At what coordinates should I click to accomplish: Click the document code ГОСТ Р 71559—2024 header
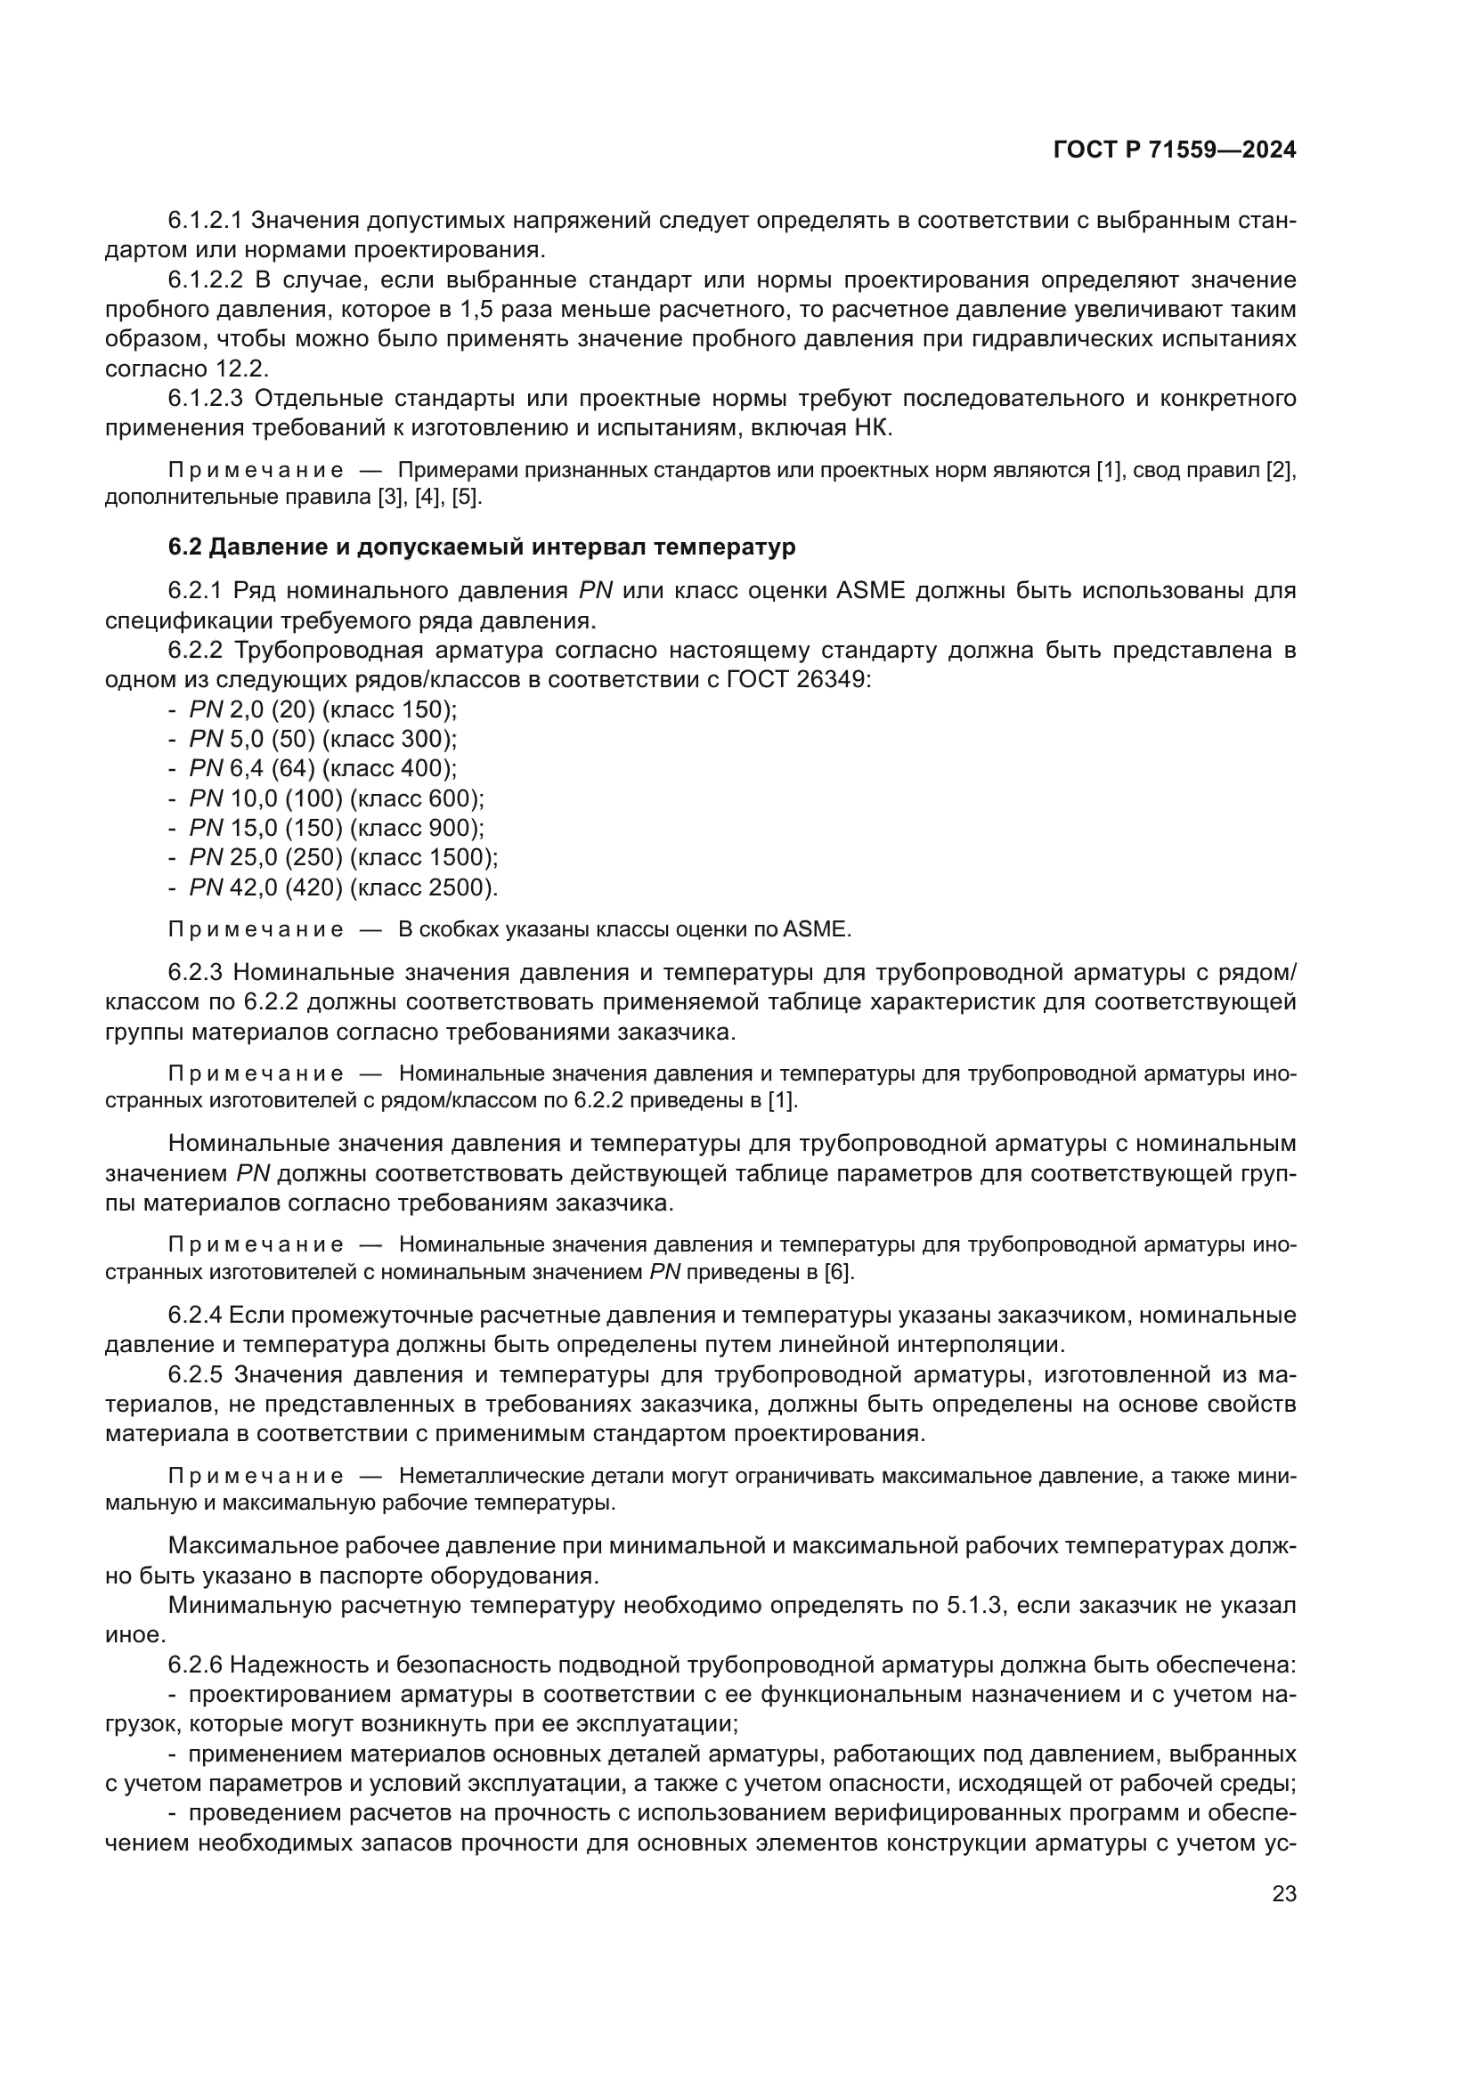pyautogui.click(x=1174, y=150)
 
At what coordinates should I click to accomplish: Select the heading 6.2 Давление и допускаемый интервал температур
pyautogui.click(x=482, y=547)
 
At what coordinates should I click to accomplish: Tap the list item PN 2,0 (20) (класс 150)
pyautogui.click(x=323, y=709)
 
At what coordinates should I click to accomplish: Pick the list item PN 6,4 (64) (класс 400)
pyautogui.click(x=323, y=768)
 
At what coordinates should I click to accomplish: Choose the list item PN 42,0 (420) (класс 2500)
pyautogui.click(x=343, y=887)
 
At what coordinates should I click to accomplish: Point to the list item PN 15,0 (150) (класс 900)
pyautogui.click(x=337, y=828)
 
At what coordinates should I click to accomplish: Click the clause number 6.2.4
pyautogui.click(x=194, y=1315)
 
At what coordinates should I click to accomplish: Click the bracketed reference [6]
pyautogui.click(x=838, y=1272)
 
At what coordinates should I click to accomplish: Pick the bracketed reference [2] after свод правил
pyautogui.click(x=1280, y=471)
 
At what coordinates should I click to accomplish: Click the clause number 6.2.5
pyautogui.click(x=194, y=1374)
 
